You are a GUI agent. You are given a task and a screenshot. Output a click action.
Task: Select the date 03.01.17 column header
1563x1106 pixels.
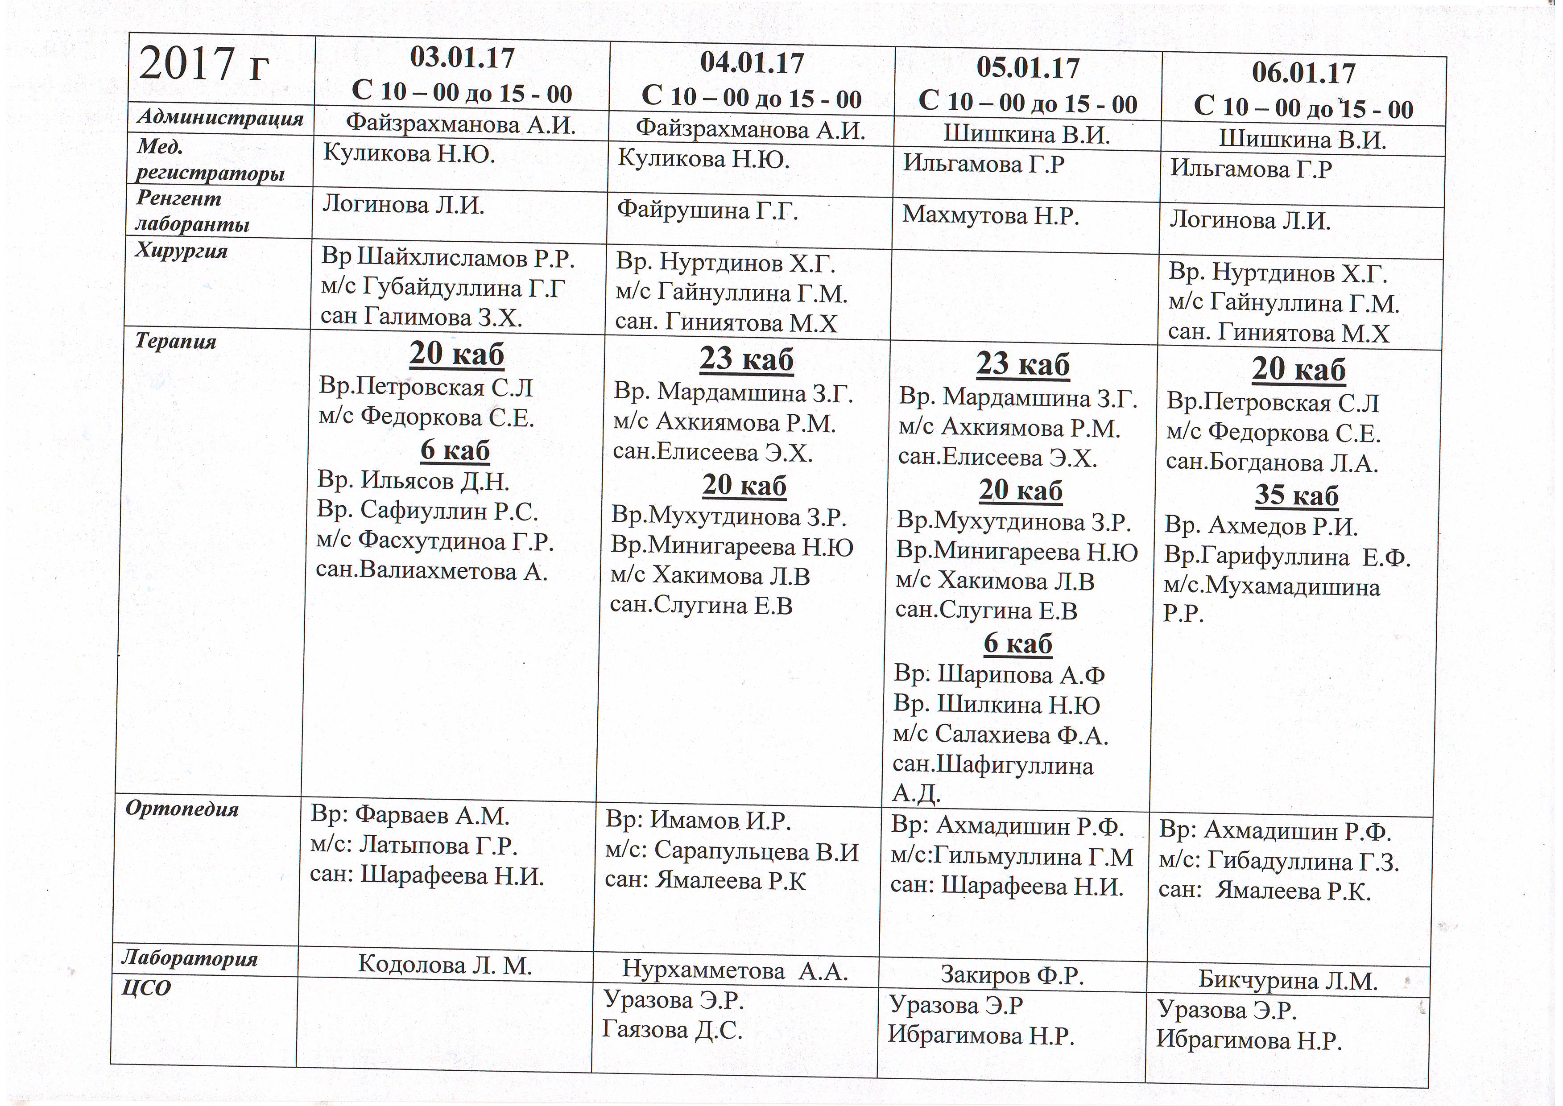[463, 58]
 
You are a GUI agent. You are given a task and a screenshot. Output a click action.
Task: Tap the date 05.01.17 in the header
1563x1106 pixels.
[1028, 68]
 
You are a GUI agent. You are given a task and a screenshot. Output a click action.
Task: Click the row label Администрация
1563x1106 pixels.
[220, 117]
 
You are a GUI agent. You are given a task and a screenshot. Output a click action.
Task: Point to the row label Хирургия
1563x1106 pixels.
[181, 251]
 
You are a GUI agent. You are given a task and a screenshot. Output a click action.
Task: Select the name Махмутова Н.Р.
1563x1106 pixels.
[991, 216]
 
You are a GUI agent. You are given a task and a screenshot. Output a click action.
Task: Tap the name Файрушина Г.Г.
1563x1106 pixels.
[707, 210]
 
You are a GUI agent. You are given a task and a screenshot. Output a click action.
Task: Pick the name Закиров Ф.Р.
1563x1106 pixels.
[1012, 975]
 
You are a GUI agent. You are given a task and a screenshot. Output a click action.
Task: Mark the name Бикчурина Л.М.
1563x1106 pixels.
[1288, 981]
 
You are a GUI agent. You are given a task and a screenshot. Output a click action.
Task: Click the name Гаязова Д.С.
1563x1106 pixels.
[671, 1030]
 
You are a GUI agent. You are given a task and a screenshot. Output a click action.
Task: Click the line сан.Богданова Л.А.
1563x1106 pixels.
[1272, 462]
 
